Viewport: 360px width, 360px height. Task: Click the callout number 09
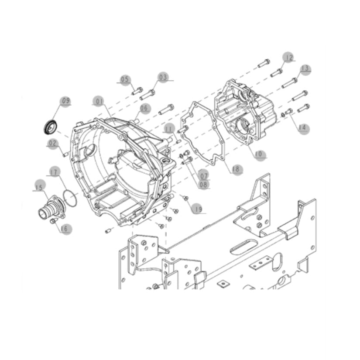point(65,101)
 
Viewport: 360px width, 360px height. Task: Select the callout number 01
point(100,102)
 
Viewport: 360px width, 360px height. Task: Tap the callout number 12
point(289,58)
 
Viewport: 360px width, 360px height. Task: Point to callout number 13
point(305,69)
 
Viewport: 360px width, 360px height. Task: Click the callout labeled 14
point(303,128)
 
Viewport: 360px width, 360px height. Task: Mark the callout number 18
point(236,169)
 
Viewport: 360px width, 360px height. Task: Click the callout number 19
point(199,209)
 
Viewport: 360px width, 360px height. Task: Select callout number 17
point(55,172)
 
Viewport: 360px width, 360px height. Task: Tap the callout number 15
point(39,187)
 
